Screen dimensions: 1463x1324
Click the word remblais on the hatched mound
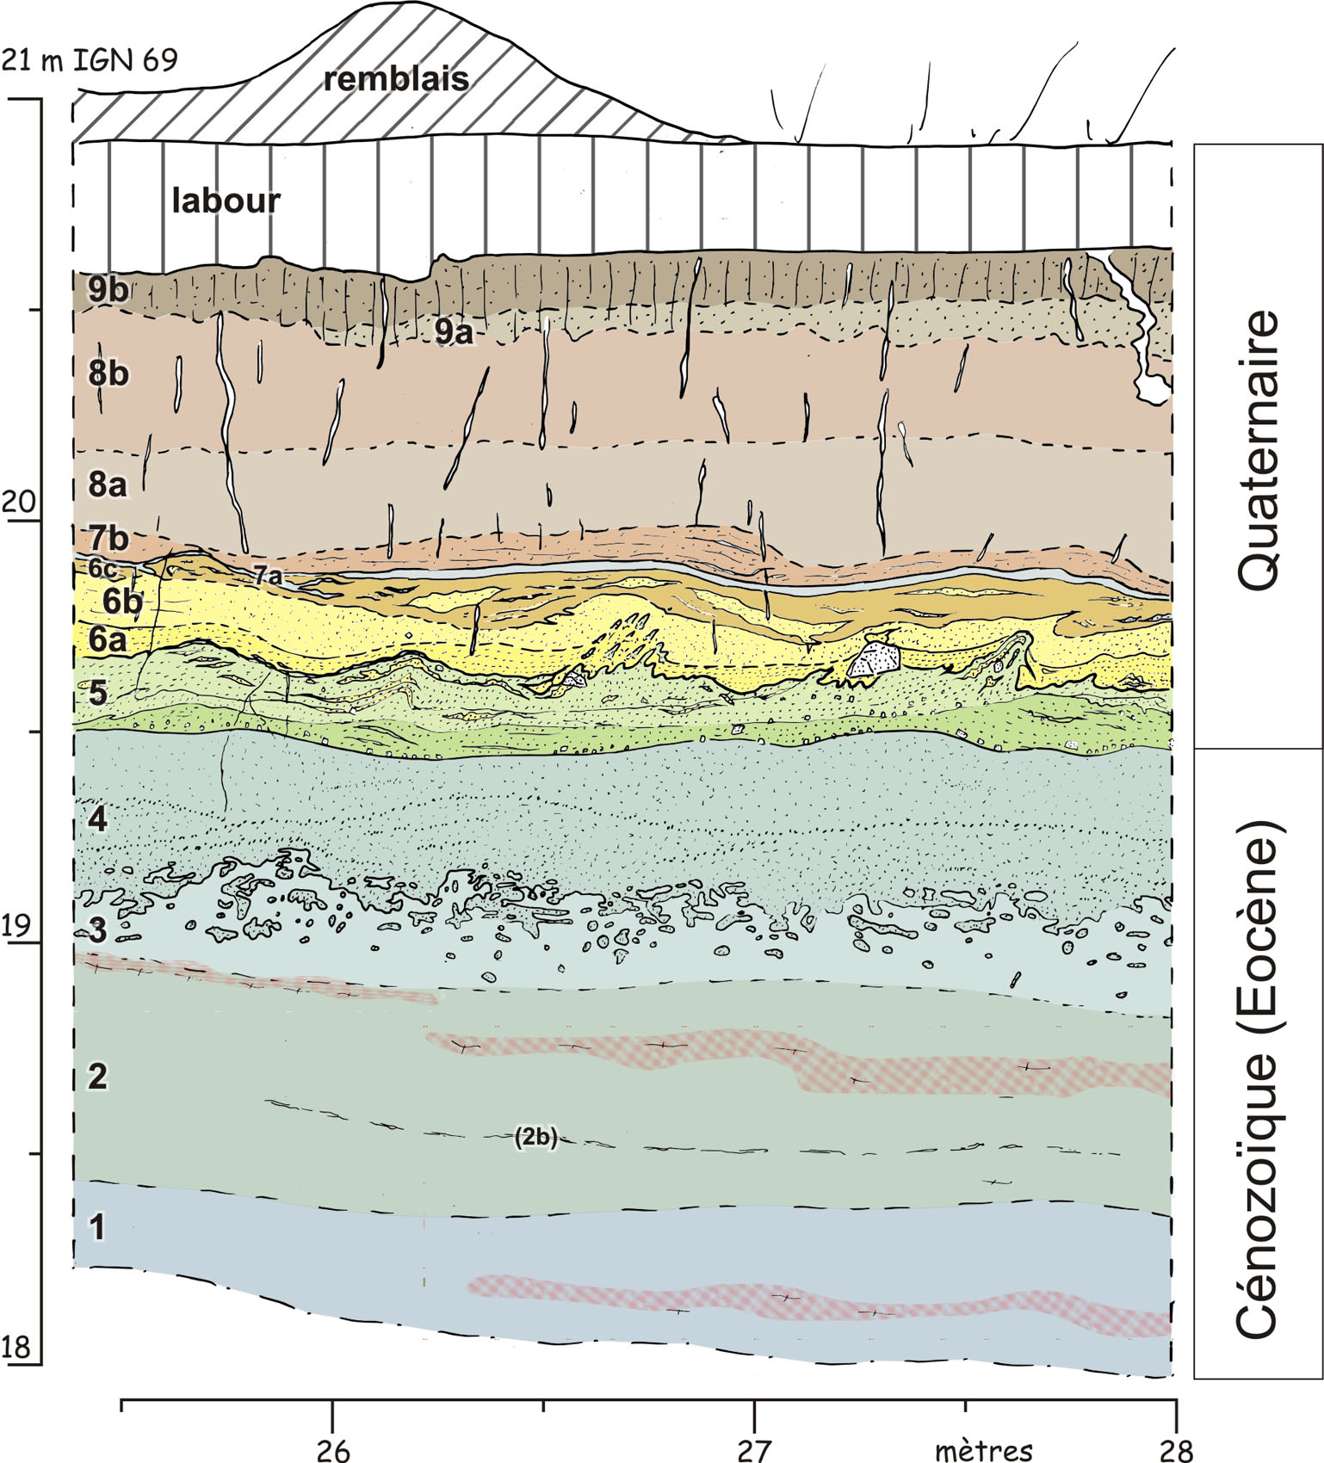click(x=396, y=79)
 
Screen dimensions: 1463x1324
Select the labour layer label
click(x=226, y=201)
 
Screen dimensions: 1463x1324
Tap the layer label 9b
click(x=108, y=290)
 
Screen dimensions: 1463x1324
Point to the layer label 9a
click(x=454, y=330)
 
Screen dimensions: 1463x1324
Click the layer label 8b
click(x=108, y=373)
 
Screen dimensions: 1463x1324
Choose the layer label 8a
click(x=108, y=485)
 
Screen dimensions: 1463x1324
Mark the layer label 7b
click(x=108, y=539)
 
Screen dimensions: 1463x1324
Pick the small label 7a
click(x=267, y=577)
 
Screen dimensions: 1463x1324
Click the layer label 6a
click(x=108, y=639)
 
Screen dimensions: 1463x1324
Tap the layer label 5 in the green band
click(x=98, y=692)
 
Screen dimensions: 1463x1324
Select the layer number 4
click(x=98, y=818)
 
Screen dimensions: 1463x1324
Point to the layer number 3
click(x=98, y=930)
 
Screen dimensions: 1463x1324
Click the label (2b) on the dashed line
click(x=535, y=1137)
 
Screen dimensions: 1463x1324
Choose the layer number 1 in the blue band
click(x=98, y=1227)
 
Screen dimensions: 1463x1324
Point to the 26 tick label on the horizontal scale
click(x=333, y=1450)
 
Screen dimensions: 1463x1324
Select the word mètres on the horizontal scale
click(x=983, y=1450)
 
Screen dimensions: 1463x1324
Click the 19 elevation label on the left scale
click(x=19, y=926)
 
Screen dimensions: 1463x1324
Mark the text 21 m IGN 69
click(x=90, y=60)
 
